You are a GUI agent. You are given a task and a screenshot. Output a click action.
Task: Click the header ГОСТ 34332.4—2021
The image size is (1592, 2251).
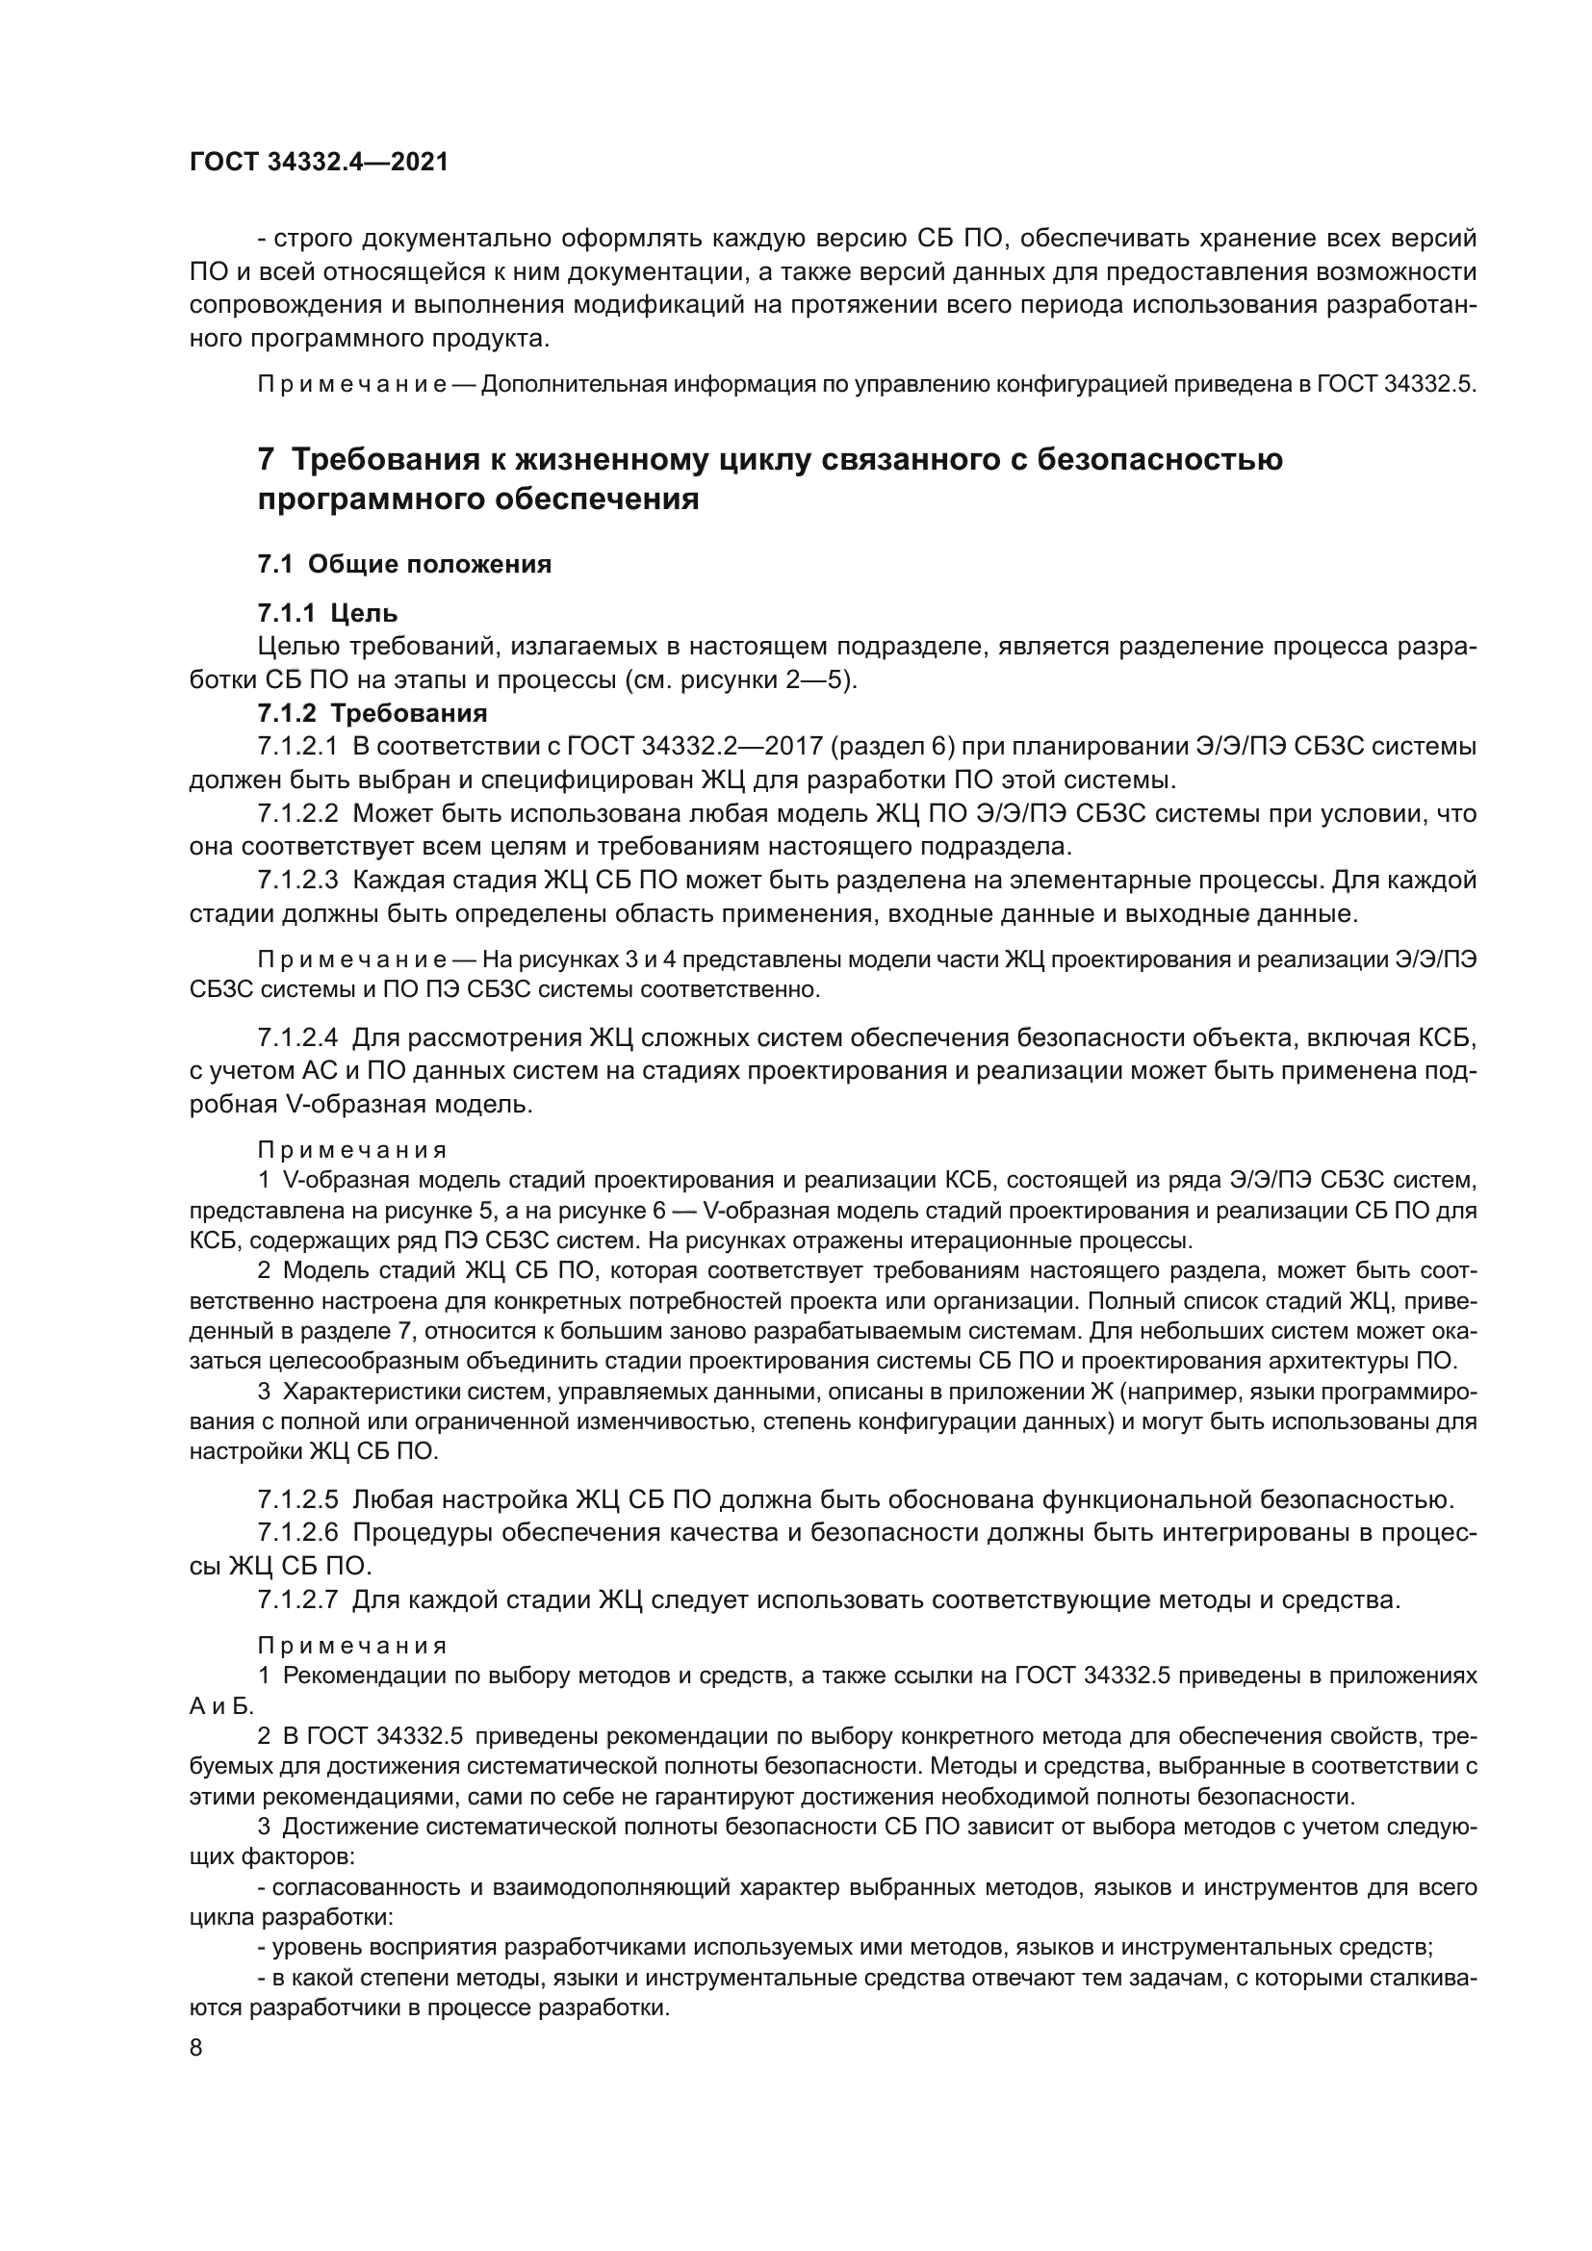coord(319,163)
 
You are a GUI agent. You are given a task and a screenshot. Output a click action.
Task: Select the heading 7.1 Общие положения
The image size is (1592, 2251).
coord(404,564)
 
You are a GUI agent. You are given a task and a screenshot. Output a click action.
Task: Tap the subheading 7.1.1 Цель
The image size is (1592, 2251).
coord(327,614)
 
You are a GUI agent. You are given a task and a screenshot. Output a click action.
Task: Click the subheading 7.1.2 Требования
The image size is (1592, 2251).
coord(372,713)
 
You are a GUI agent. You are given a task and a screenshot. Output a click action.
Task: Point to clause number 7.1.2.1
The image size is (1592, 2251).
coord(298,747)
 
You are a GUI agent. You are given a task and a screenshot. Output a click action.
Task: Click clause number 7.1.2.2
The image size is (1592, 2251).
coord(298,814)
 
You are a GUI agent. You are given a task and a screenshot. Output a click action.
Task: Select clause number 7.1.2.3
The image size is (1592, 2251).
coord(298,881)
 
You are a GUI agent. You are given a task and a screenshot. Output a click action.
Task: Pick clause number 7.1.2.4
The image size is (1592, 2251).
coord(298,1037)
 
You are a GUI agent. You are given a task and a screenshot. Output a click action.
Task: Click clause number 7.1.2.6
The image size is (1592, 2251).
coord(298,1532)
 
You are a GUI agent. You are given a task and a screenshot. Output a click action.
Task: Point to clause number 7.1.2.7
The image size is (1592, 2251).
coord(298,1600)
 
